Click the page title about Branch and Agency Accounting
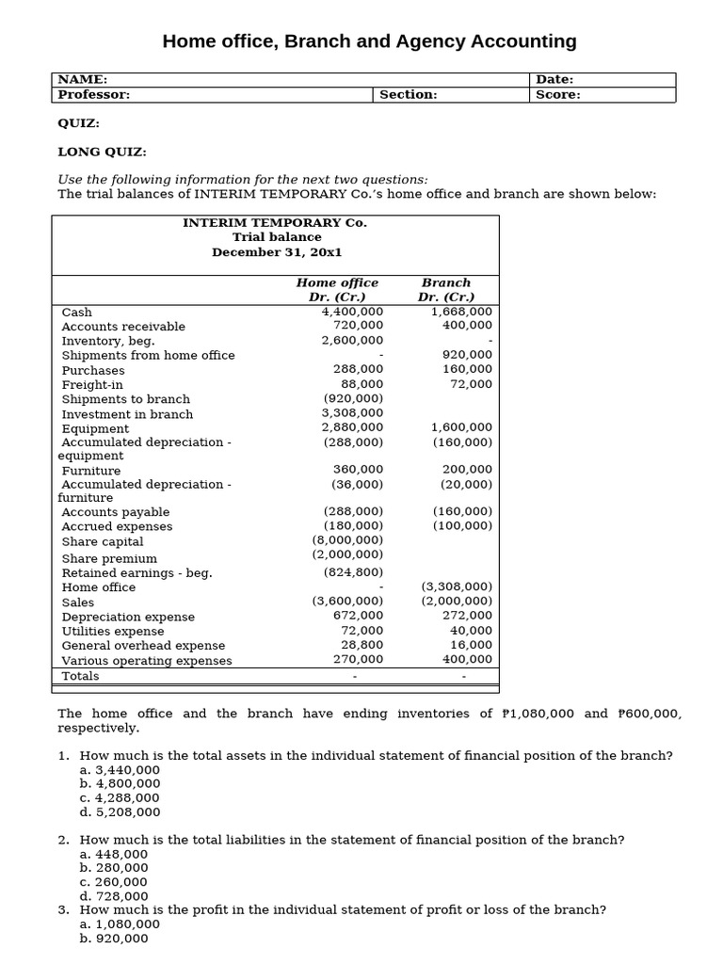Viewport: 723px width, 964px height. [369, 41]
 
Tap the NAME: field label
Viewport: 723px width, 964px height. [83, 80]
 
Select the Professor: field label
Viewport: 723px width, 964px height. [94, 94]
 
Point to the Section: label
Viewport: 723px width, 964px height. [408, 94]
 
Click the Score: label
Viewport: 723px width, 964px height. [558, 94]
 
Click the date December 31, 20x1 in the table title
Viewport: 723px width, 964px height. [276, 252]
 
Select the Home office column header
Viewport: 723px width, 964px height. [337, 282]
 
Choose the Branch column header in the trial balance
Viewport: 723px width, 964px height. [446, 282]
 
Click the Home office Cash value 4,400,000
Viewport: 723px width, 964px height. [352, 312]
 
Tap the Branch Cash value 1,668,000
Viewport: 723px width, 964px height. [461, 312]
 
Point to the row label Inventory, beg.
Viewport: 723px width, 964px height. [108, 341]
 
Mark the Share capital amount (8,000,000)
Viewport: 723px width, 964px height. [347, 540]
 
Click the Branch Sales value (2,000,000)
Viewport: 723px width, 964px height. [457, 601]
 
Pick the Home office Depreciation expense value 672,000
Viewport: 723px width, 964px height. [359, 616]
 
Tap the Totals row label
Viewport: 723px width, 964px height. [80, 676]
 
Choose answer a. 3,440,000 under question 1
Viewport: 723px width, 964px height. [120, 769]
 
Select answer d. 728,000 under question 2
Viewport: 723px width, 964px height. [114, 896]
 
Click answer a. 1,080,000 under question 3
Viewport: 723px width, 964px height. [120, 924]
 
